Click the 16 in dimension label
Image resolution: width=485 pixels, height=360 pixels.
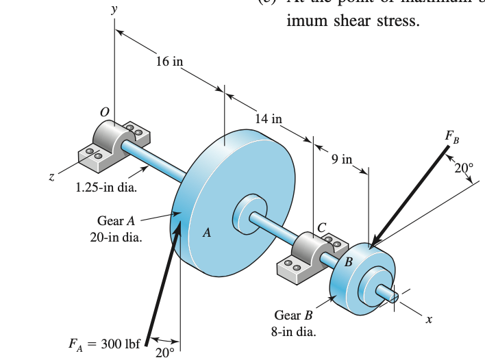click(169, 62)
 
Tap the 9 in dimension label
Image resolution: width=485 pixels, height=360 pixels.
click(341, 161)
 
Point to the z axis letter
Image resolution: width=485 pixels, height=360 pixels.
click(50, 177)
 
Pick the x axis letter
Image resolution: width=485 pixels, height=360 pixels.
click(429, 319)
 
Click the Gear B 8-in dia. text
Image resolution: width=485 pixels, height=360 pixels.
click(293, 324)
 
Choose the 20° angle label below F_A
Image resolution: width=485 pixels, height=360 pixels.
click(165, 352)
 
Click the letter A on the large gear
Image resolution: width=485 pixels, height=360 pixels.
click(206, 233)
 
